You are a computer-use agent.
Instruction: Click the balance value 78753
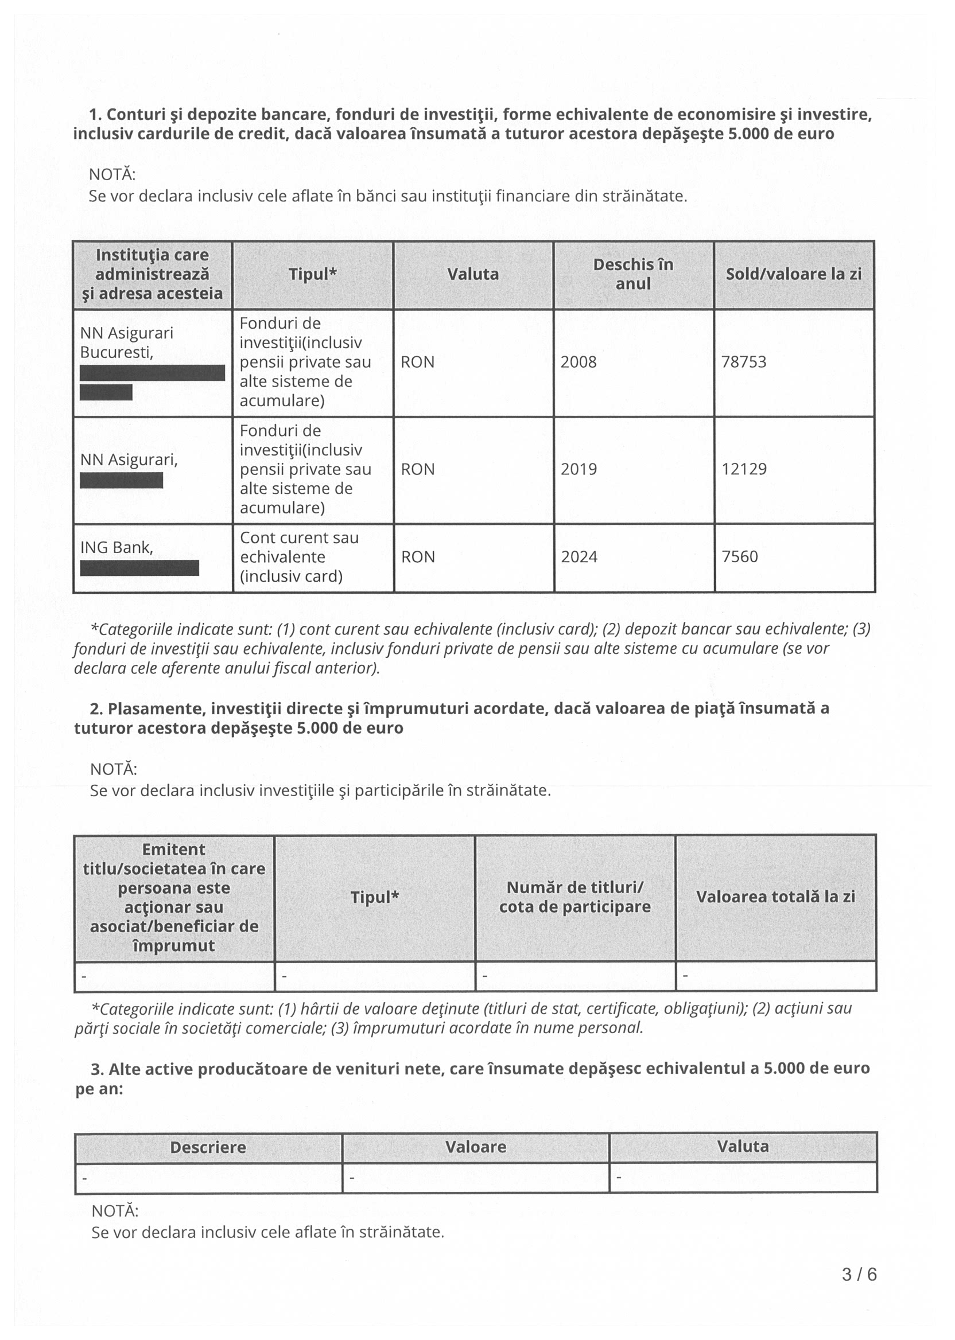(744, 361)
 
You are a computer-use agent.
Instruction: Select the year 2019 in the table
(579, 469)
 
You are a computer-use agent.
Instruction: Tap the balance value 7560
(740, 556)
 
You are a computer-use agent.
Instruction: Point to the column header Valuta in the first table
(473, 274)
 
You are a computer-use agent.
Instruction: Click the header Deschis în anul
(634, 274)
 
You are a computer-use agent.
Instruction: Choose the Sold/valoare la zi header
(793, 274)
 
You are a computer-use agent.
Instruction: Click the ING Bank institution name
(117, 548)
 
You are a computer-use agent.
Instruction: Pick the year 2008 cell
(579, 361)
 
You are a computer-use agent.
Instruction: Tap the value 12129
(744, 469)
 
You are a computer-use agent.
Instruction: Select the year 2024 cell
(579, 556)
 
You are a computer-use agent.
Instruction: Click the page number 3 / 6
(859, 1274)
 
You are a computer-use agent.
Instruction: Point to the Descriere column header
(208, 1147)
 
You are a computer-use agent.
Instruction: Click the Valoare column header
(475, 1147)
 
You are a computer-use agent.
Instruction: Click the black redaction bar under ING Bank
(139, 568)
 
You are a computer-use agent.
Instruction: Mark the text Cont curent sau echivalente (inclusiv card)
(299, 556)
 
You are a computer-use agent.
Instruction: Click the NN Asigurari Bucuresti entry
(126, 342)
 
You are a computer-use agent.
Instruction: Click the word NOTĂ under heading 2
(114, 769)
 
